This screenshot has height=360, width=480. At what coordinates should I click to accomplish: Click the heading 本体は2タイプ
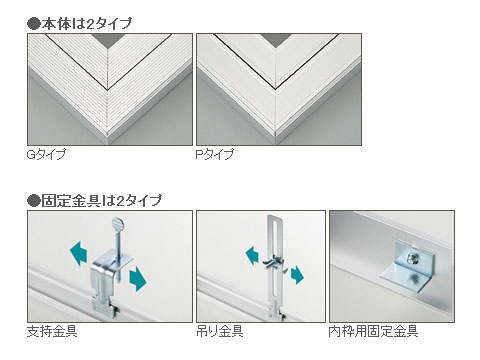point(87,24)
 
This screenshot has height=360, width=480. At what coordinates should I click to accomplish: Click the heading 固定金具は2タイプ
point(101,201)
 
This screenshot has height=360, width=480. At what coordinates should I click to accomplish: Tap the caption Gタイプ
point(46,154)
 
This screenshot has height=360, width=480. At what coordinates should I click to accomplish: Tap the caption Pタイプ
point(215,154)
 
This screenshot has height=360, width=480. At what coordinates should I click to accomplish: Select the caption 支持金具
point(52,331)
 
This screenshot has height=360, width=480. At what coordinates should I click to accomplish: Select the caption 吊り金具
point(220,331)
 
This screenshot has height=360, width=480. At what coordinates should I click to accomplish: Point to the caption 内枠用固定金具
point(373,331)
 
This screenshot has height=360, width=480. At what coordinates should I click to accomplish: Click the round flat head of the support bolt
point(117,222)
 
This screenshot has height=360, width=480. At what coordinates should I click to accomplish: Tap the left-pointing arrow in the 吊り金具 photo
point(252,255)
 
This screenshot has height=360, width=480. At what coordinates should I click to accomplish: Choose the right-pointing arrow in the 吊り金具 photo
point(297,274)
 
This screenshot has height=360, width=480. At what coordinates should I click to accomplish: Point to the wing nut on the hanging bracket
point(271,261)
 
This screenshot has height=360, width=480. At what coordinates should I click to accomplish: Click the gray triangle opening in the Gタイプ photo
point(108,40)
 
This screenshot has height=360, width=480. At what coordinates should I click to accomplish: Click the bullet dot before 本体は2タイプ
point(33,24)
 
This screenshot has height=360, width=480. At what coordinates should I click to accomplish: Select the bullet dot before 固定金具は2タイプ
point(33,201)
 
